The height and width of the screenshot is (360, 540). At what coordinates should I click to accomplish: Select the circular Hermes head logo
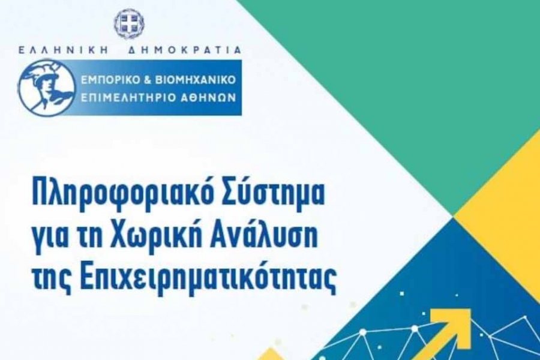47,88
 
